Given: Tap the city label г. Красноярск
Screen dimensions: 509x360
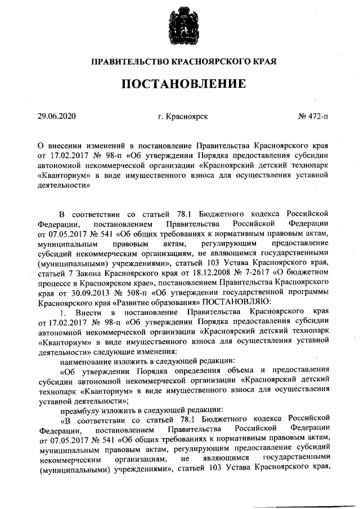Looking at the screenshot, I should (x=183, y=117).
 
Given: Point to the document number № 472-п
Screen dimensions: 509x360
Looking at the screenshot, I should (x=313, y=117).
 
